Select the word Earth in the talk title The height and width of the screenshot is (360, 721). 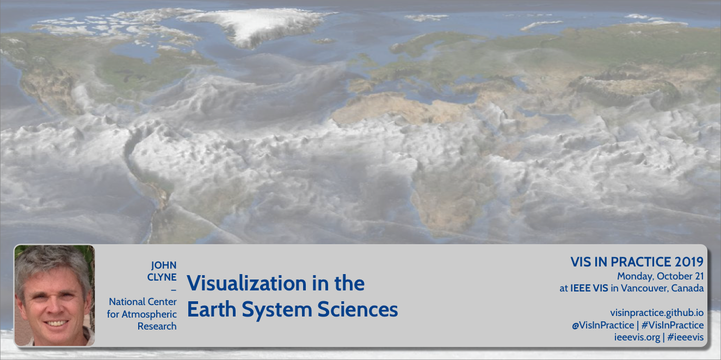click(212, 309)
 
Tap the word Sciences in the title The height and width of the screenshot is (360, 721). click(358, 309)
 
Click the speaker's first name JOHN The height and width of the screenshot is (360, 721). click(164, 265)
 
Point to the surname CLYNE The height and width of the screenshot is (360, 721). click(162, 277)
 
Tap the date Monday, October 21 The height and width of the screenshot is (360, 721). click(660, 276)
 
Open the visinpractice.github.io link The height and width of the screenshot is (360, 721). click(657, 313)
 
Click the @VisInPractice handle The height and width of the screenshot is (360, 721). click(603, 325)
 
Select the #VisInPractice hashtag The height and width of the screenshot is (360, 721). click(673, 325)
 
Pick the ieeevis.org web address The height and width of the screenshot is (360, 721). click(637, 338)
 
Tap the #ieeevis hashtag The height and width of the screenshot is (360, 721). click(686, 338)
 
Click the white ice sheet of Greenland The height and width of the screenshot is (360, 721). click(254, 26)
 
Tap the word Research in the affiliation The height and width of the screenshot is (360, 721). click(157, 326)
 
